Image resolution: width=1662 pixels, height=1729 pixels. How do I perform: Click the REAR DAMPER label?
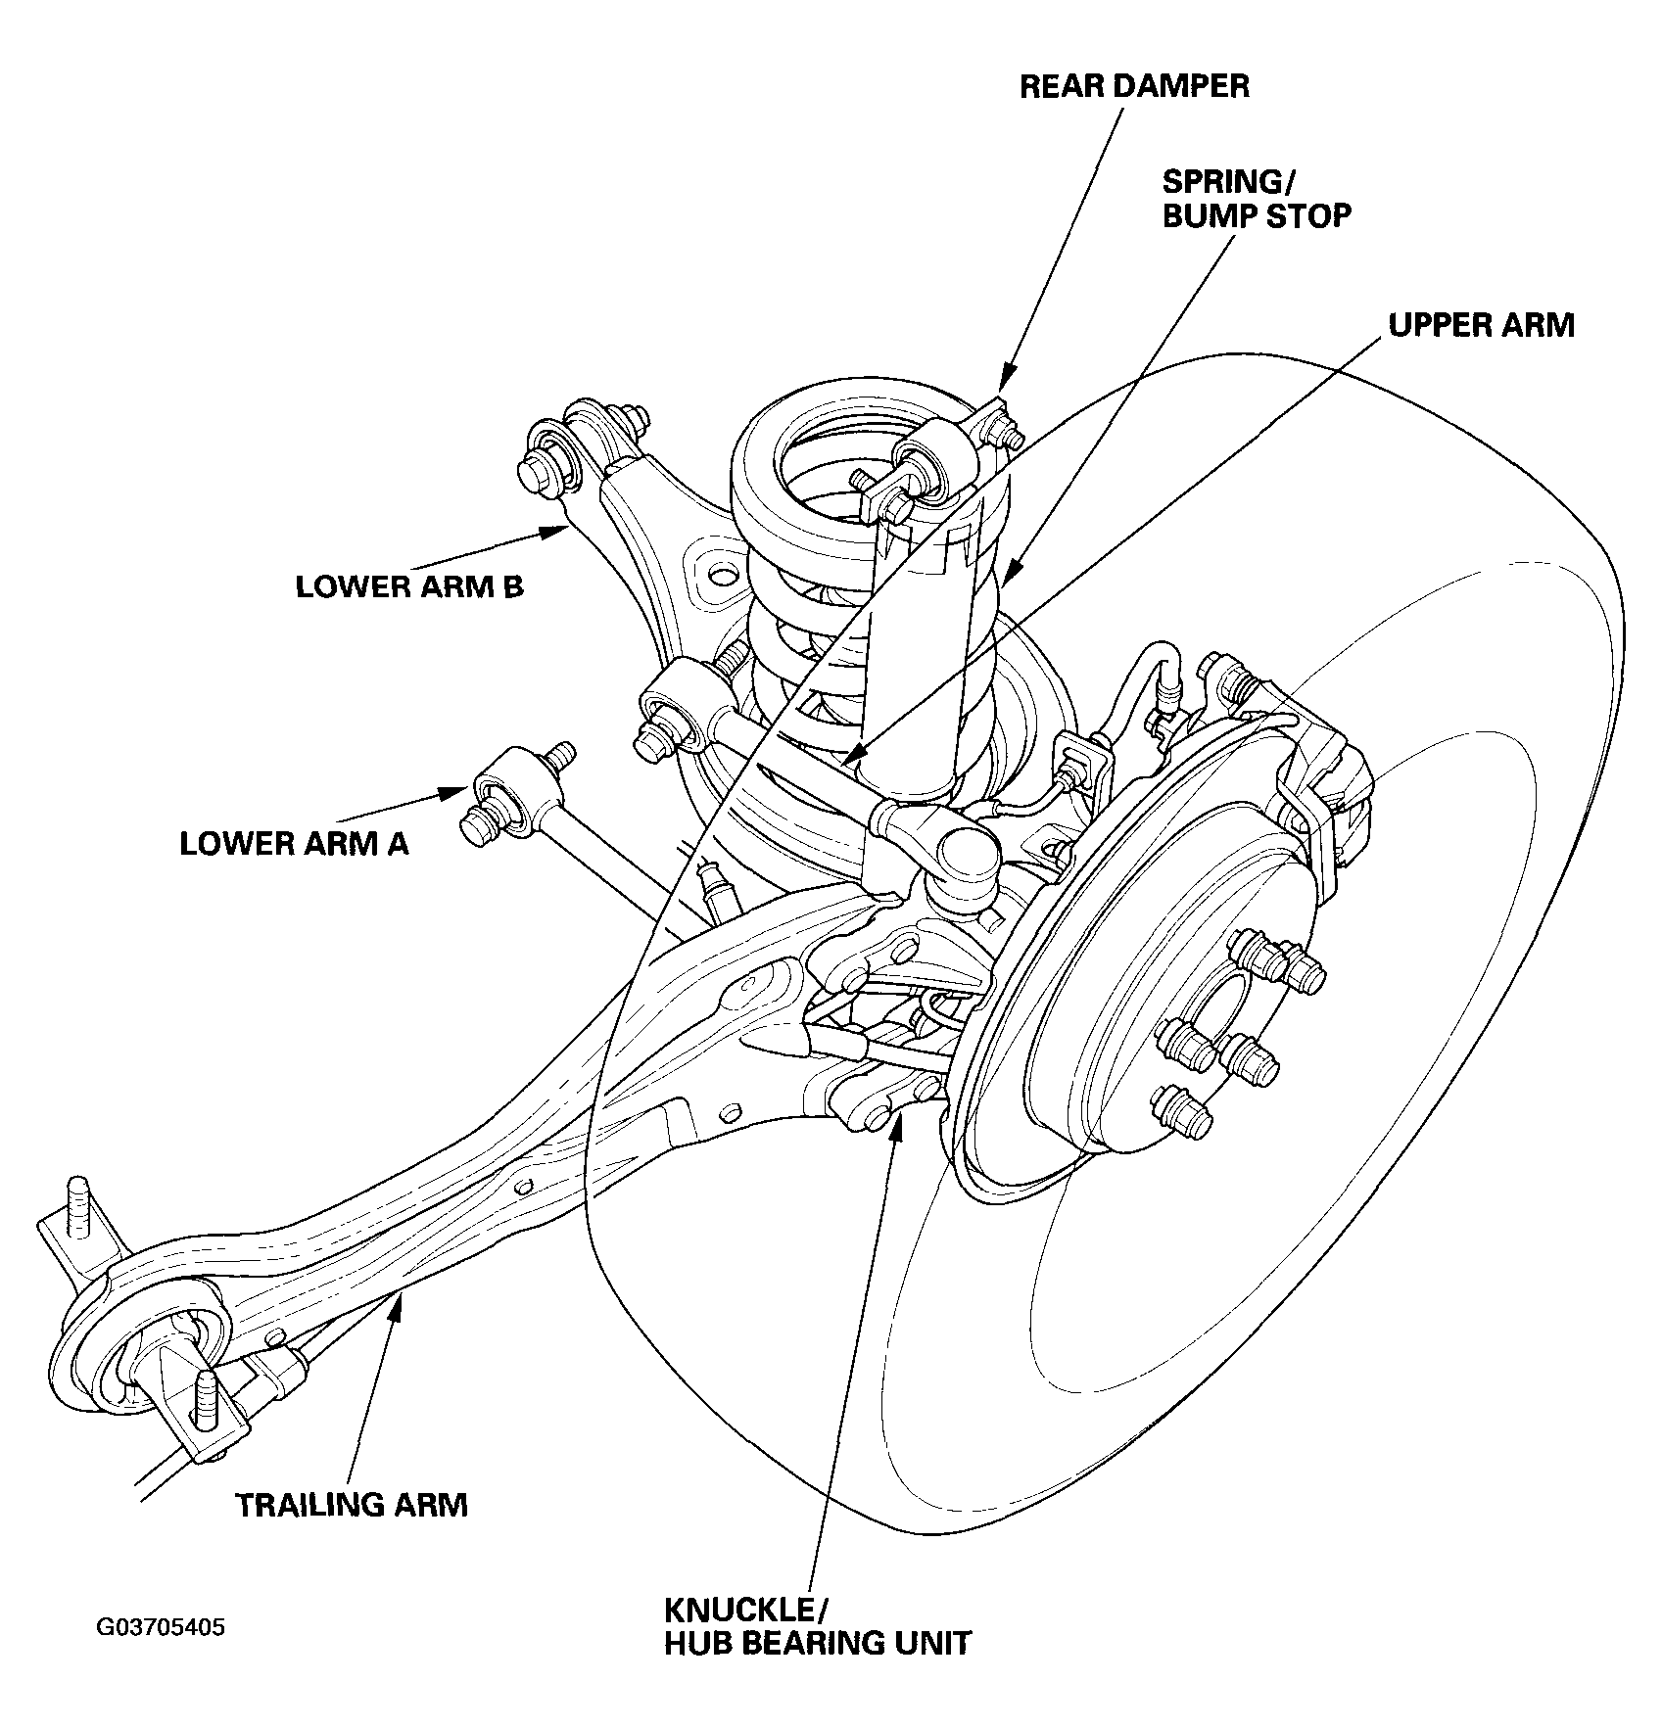point(1134,86)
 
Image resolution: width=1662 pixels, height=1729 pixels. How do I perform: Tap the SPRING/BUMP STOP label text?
point(1257,198)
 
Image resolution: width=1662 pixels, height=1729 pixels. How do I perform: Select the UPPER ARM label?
point(1481,325)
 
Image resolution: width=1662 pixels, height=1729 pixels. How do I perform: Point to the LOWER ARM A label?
point(294,843)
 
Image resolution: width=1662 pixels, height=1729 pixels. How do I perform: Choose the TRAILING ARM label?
point(352,1505)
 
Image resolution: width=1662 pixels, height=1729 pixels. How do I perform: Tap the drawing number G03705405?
point(161,1627)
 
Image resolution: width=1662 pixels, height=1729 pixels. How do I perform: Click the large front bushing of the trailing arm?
point(157,1356)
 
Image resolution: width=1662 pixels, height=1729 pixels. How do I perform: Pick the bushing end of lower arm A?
point(501,803)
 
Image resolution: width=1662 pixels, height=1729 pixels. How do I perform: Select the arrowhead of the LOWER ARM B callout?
point(555,532)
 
